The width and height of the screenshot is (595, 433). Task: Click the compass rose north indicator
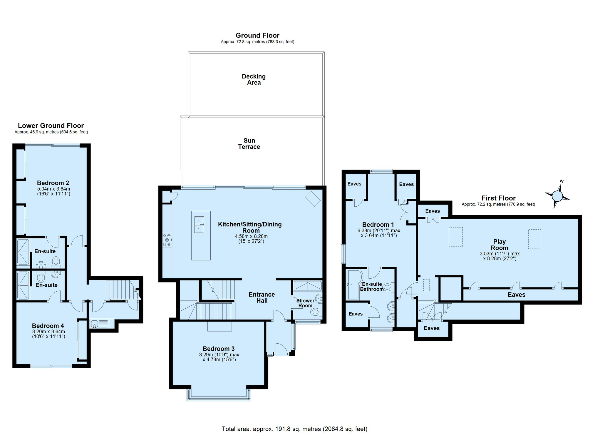tap(557, 195)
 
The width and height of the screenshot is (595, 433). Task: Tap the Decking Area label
tap(254, 79)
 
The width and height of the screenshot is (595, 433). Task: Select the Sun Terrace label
tap(249, 144)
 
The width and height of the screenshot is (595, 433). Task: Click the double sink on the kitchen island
tap(199, 224)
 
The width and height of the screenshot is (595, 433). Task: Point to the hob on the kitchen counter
tap(167, 240)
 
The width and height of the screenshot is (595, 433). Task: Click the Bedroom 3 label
tap(219, 349)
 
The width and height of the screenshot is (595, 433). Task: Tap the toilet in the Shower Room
tap(316, 312)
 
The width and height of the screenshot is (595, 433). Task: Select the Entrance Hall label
tap(262, 297)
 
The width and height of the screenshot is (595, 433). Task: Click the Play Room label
tap(500, 245)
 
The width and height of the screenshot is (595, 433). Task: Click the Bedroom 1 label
tap(378, 225)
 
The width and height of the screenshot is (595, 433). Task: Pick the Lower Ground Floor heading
tap(51, 126)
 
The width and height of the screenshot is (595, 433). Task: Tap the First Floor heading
tap(499, 198)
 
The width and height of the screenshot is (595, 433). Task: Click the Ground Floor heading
tap(257, 35)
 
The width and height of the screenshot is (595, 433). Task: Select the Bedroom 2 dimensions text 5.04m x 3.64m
tap(53, 189)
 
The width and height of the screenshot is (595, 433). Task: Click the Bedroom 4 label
tap(48, 326)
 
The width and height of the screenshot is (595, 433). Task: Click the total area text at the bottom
tap(294, 429)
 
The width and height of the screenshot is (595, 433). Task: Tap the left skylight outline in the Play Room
tap(455, 237)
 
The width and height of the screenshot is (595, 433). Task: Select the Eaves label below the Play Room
tap(516, 295)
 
